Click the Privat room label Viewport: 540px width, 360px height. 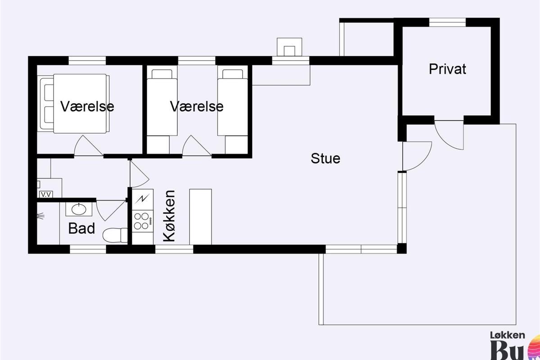click(447, 69)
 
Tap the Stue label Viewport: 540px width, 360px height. click(325, 158)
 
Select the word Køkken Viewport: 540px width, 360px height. click(169, 216)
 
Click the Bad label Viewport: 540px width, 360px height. click(81, 229)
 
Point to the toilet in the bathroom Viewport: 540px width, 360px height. click(114, 235)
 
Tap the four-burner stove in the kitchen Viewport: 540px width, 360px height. click(140, 220)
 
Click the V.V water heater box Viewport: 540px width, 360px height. click(45, 194)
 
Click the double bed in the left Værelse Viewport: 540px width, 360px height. click(74, 103)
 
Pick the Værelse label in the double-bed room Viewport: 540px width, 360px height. click(87, 107)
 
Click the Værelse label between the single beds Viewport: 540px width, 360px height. click(197, 107)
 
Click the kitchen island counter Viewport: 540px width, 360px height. click(200, 216)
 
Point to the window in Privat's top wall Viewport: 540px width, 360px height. click(447, 22)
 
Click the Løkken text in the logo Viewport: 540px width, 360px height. click(507, 335)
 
